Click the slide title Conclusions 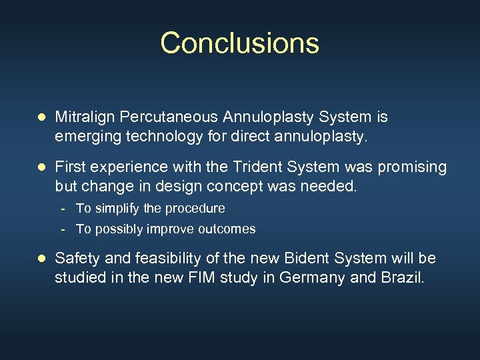point(239,43)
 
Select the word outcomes point(227,229)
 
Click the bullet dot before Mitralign point(41,118)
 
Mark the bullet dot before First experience point(41,167)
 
